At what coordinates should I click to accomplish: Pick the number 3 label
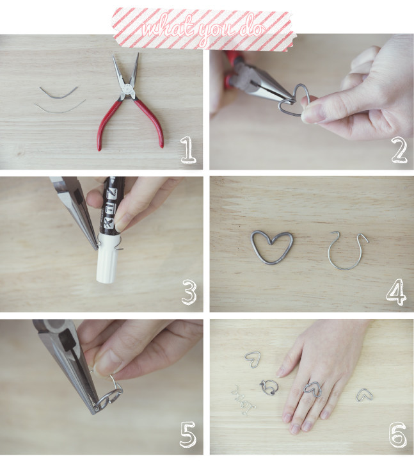[x=187, y=293]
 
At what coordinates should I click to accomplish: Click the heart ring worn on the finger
[x=312, y=388]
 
